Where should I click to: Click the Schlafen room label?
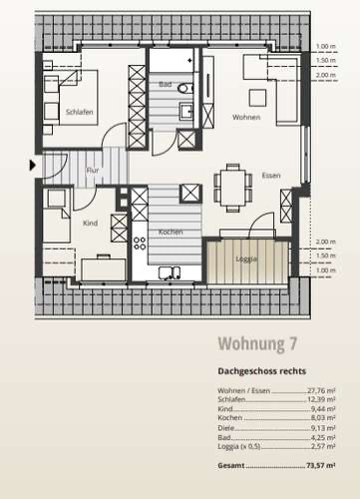click(79, 112)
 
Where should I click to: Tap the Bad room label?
click(166, 84)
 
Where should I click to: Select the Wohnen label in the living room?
click(246, 117)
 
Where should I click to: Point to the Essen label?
click(271, 176)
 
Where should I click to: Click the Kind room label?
click(90, 223)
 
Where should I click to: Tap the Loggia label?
click(246, 258)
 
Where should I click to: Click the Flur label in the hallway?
click(93, 171)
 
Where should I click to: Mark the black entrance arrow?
click(32, 165)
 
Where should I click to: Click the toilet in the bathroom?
click(185, 89)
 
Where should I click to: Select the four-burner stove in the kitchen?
click(140, 244)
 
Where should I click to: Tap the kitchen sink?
click(170, 272)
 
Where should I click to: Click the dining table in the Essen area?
click(232, 188)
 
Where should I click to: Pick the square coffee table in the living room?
click(257, 98)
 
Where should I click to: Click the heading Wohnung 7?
click(257, 343)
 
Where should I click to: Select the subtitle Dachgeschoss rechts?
click(262, 371)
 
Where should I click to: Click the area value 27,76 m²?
click(321, 390)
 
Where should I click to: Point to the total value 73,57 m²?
click(321, 465)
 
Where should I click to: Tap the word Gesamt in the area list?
click(231, 465)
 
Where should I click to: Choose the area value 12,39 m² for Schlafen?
click(321, 399)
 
